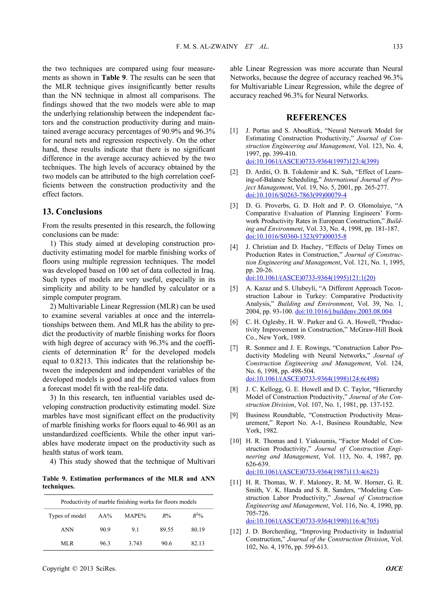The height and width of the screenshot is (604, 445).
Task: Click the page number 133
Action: click(397, 46)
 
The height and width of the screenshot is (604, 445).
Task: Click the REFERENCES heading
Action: click(316, 117)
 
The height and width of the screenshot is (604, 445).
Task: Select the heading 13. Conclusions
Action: click(72, 212)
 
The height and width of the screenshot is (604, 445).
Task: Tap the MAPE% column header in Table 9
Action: click(135, 516)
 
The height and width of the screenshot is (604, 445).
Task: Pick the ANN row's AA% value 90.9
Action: click(105, 530)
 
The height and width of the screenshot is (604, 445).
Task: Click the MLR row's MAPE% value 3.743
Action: click(135, 543)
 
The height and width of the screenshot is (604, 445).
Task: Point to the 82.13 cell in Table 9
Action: click(198, 543)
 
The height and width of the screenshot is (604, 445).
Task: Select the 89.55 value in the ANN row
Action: click(166, 530)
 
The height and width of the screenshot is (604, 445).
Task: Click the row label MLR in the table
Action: click(67, 543)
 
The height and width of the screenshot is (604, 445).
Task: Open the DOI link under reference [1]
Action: click(312, 162)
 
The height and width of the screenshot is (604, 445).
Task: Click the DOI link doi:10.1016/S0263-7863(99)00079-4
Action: click(296, 195)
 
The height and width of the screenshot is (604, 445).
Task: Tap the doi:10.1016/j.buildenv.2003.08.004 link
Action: click(344, 312)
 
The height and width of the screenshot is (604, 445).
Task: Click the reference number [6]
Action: click(234, 322)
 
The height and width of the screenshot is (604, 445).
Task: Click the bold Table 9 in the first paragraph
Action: click(113, 78)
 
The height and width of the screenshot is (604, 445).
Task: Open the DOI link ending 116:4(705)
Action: click(312, 521)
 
